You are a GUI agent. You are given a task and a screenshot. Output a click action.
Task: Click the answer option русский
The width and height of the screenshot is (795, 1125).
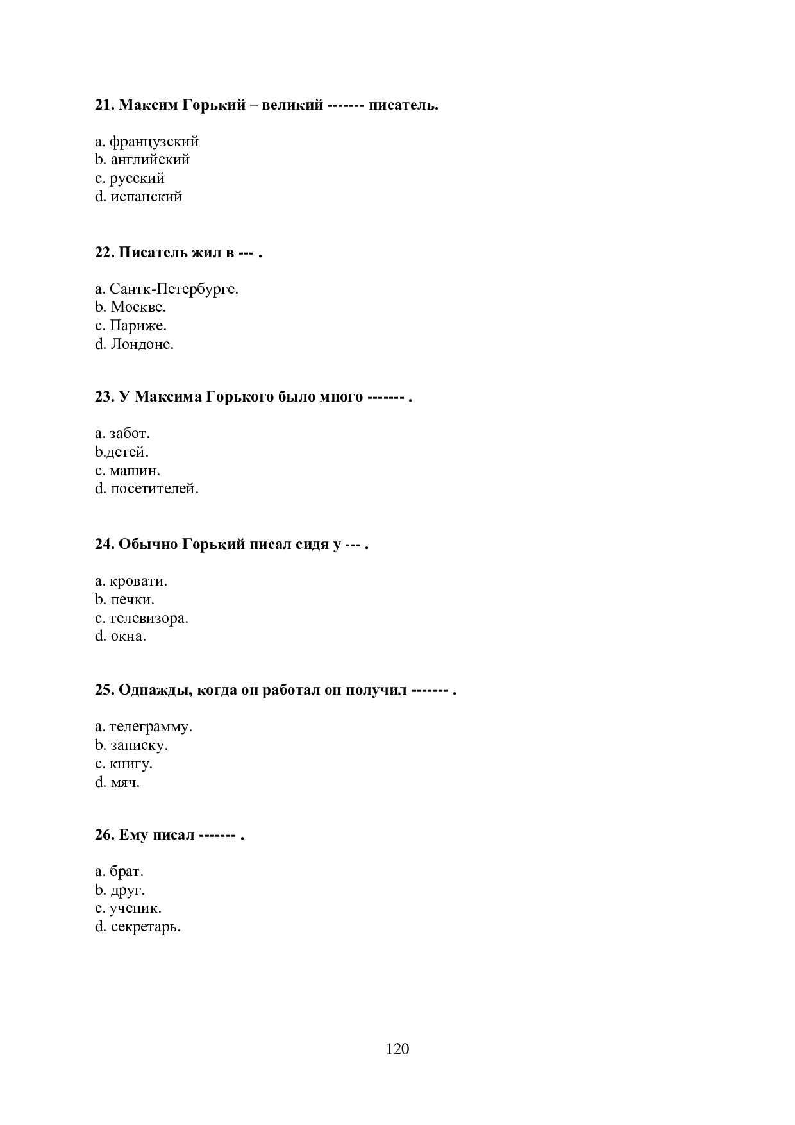137,178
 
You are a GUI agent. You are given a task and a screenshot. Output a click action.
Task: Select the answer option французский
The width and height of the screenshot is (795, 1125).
154,141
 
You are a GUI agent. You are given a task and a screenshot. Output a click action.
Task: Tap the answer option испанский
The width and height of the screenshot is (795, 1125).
146,197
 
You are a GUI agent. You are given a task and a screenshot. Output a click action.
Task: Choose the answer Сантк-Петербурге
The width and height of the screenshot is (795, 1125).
174,289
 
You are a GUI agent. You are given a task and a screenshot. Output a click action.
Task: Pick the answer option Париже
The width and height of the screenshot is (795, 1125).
138,326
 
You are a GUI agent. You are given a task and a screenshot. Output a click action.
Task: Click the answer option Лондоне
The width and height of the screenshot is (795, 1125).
142,344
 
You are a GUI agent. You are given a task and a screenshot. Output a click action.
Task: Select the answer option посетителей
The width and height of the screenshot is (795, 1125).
155,489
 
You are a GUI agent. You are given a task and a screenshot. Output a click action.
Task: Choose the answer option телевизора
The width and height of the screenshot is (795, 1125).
149,619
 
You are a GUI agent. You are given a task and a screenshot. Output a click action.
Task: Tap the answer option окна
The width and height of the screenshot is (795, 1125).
128,637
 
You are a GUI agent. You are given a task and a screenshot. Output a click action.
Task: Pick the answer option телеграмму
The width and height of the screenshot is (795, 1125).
151,727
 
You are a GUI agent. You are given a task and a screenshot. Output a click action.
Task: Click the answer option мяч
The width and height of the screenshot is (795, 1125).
125,783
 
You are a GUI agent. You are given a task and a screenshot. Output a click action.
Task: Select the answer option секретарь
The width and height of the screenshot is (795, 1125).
146,927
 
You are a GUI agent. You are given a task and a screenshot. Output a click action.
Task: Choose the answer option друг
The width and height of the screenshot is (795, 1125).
128,890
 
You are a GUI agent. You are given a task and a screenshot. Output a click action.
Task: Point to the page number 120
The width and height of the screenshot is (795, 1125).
397,1049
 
